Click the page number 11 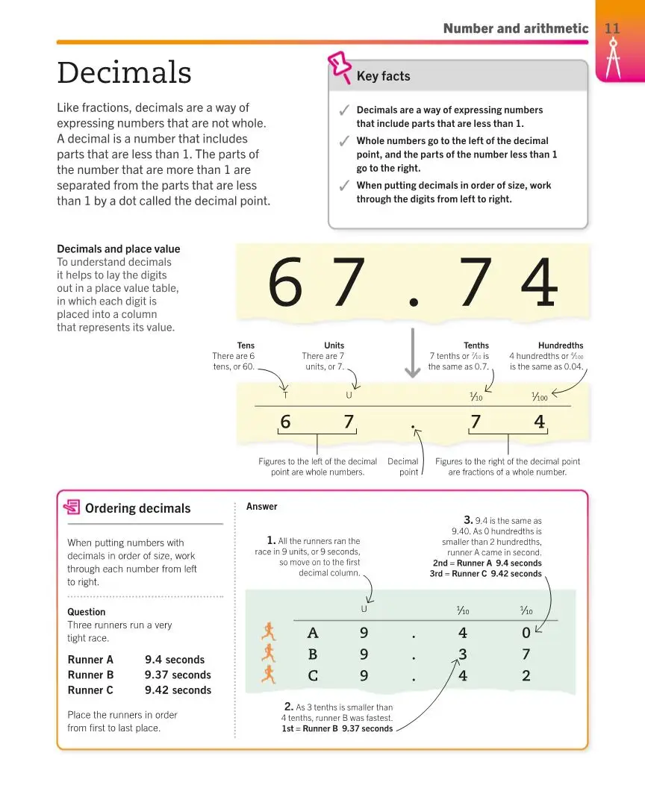pyautogui.click(x=612, y=28)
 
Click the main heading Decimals pyautogui.click(x=124, y=73)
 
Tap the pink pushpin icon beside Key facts pyautogui.click(x=340, y=66)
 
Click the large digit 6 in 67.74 pyautogui.click(x=286, y=283)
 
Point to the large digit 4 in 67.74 pyautogui.click(x=539, y=283)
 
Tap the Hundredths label pyautogui.click(x=561, y=346)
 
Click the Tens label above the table pyautogui.click(x=246, y=346)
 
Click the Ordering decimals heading pyautogui.click(x=137, y=508)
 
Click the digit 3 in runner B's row pyautogui.click(x=463, y=654)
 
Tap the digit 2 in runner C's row pyautogui.click(x=526, y=676)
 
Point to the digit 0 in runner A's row pyautogui.click(x=526, y=633)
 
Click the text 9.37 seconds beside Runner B pyautogui.click(x=178, y=675)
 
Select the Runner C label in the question pyautogui.click(x=90, y=690)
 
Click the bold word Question pyautogui.click(x=87, y=612)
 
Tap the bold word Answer pyautogui.click(x=262, y=507)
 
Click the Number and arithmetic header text pyautogui.click(x=515, y=28)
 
